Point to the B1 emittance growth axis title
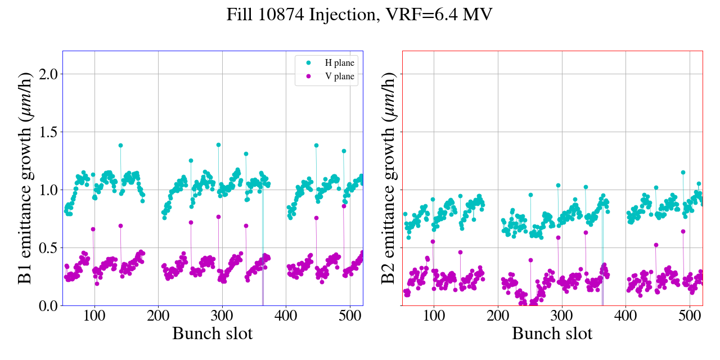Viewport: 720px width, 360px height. point(25,178)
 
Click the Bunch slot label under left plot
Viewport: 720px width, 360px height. point(212,334)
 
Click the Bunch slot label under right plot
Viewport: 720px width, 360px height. point(552,334)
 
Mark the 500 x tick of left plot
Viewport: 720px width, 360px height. point(350,316)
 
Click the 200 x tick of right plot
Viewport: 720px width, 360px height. point(498,316)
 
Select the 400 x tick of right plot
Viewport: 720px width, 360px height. point(625,316)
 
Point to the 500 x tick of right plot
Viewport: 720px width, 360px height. point(690,316)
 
